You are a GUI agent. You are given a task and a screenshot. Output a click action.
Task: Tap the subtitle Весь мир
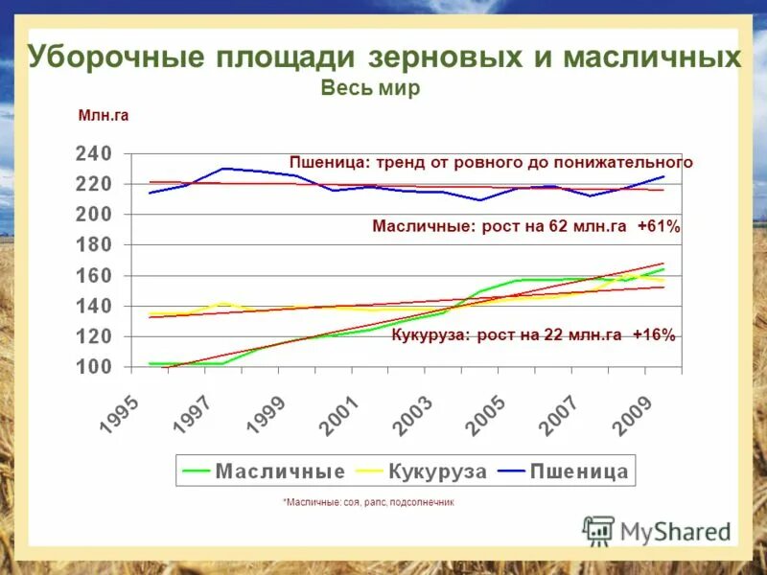tap(370, 87)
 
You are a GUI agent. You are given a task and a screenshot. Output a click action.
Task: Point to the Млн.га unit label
tap(103, 116)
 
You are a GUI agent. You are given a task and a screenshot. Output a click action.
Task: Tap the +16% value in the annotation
tap(654, 335)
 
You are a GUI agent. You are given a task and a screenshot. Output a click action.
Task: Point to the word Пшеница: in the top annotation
tap(329, 163)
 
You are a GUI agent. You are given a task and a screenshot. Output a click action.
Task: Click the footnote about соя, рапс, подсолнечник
tap(368, 502)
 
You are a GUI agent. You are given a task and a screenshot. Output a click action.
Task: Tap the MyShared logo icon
tap(598, 530)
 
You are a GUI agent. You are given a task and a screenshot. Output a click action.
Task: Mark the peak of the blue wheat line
tap(222, 169)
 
